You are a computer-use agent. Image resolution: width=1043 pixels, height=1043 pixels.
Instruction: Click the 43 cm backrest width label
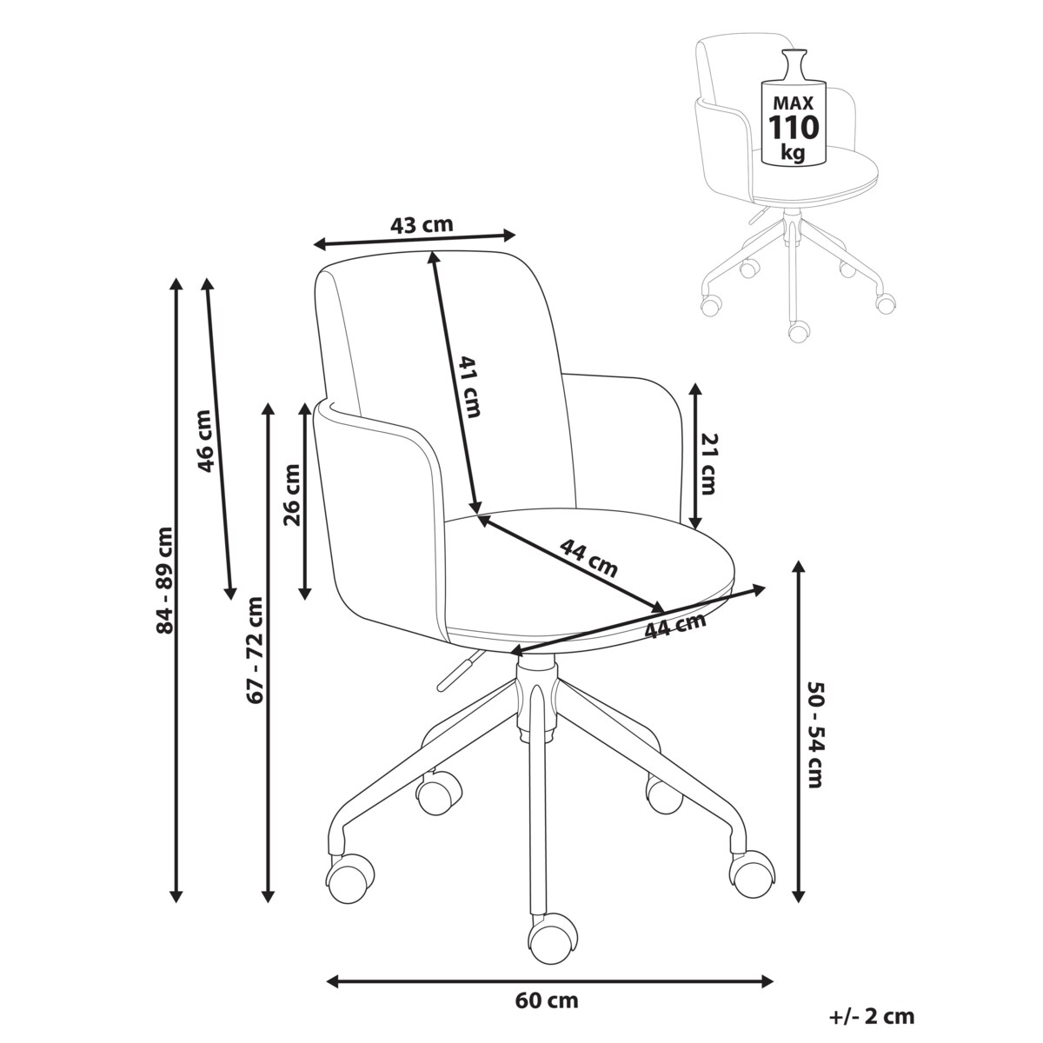click(x=422, y=224)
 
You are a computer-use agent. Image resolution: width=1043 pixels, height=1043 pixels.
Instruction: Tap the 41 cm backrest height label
click(x=469, y=387)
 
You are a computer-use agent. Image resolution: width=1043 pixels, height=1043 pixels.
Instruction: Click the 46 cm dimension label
click(x=205, y=440)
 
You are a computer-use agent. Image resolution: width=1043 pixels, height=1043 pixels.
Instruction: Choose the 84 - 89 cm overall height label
click(x=163, y=580)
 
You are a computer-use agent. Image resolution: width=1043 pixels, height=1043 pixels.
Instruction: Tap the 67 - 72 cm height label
click(x=255, y=649)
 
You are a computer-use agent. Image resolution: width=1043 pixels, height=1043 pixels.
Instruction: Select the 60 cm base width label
click(x=547, y=1000)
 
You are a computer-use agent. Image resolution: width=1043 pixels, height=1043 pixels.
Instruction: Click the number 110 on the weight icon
click(x=793, y=127)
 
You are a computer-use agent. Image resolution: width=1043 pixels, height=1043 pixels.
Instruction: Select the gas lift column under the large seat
click(x=535, y=695)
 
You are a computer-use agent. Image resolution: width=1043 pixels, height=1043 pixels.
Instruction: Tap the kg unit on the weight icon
click(x=792, y=153)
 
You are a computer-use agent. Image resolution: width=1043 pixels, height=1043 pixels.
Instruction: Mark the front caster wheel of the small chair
click(x=798, y=330)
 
